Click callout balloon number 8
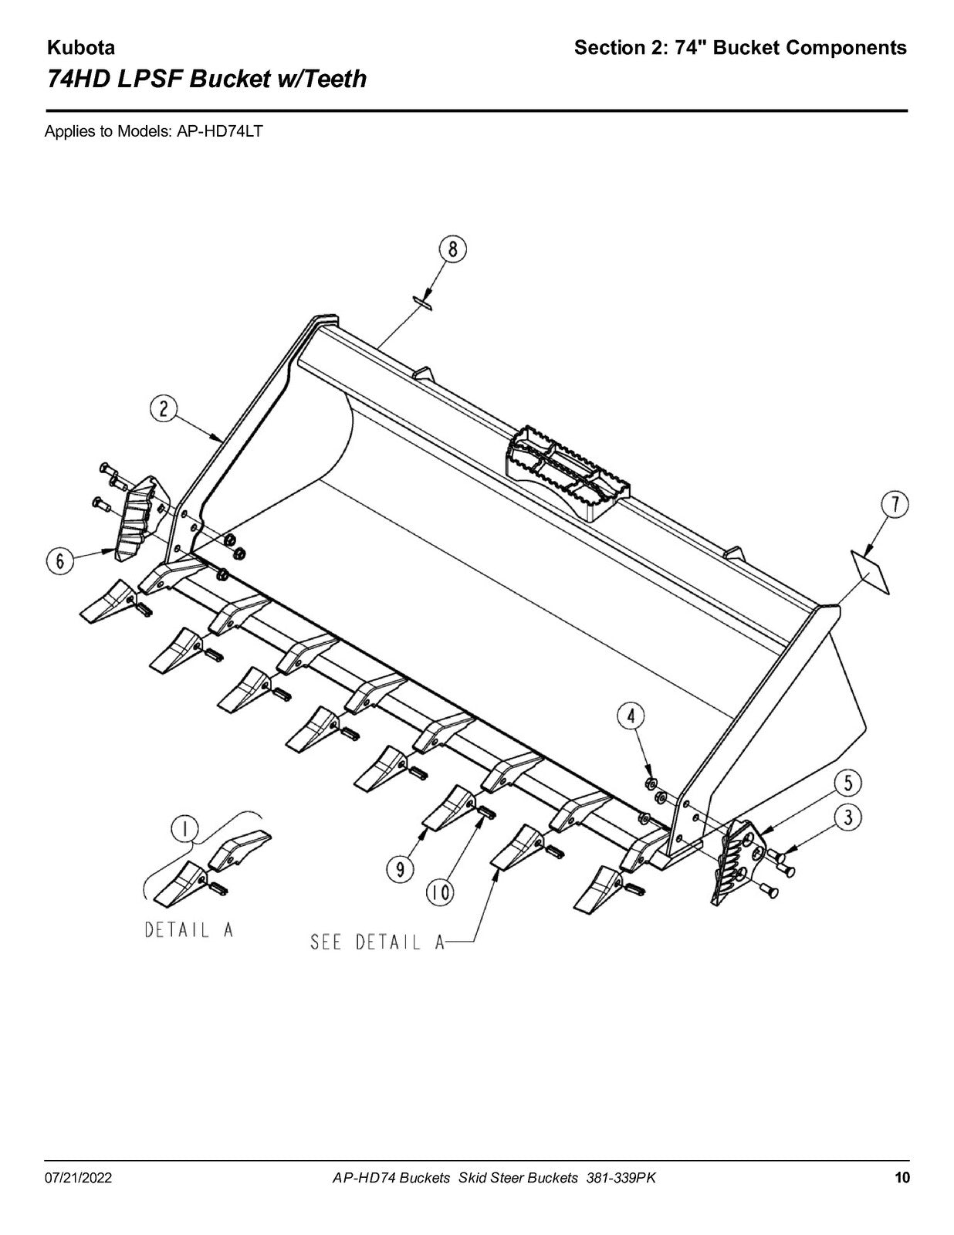point(452,249)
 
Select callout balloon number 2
point(164,410)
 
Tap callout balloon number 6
point(60,561)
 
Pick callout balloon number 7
point(895,506)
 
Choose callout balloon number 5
point(847,783)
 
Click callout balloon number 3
point(847,818)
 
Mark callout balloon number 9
point(401,870)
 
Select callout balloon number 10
point(441,893)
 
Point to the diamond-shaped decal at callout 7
point(870,572)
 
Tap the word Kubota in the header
point(81,48)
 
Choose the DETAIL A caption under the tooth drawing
point(189,930)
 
